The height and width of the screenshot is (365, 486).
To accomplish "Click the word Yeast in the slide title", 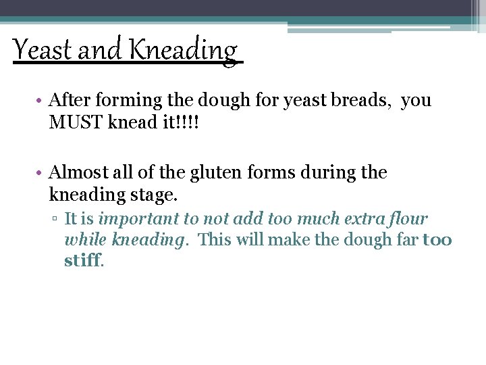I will [x=43, y=50].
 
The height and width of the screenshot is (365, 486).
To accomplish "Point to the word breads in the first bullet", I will [x=364, y=101].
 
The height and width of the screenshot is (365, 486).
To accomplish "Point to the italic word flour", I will [x=404, y=219].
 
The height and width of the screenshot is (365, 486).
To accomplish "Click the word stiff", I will [x=83, y=260].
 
